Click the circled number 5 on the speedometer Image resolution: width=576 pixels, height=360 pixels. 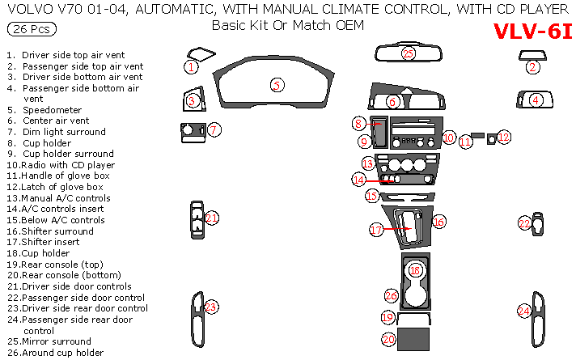[277, 85]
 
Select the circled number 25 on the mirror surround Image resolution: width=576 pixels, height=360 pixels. [409, 53]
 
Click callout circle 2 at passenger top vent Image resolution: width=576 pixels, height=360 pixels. [532, 67]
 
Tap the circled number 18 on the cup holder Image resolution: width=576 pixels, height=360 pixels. [415, 270]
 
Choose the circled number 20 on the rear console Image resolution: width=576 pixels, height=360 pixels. [389, 339]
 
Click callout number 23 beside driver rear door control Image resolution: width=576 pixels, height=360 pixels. [211, 307]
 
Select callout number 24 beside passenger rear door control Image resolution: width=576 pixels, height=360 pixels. [524, 311]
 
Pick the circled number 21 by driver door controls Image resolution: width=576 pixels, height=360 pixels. [212, 218]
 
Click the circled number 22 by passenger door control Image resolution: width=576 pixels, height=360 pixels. [524, 223]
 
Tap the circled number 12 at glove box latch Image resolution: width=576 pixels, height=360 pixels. [503, 137]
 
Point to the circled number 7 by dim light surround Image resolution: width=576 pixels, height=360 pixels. [214, 129]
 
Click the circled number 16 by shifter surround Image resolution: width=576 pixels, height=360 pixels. [439, 221]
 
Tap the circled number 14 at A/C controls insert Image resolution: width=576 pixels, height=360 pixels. [359, 179]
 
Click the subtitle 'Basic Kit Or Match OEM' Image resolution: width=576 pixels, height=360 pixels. [287, 25]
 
